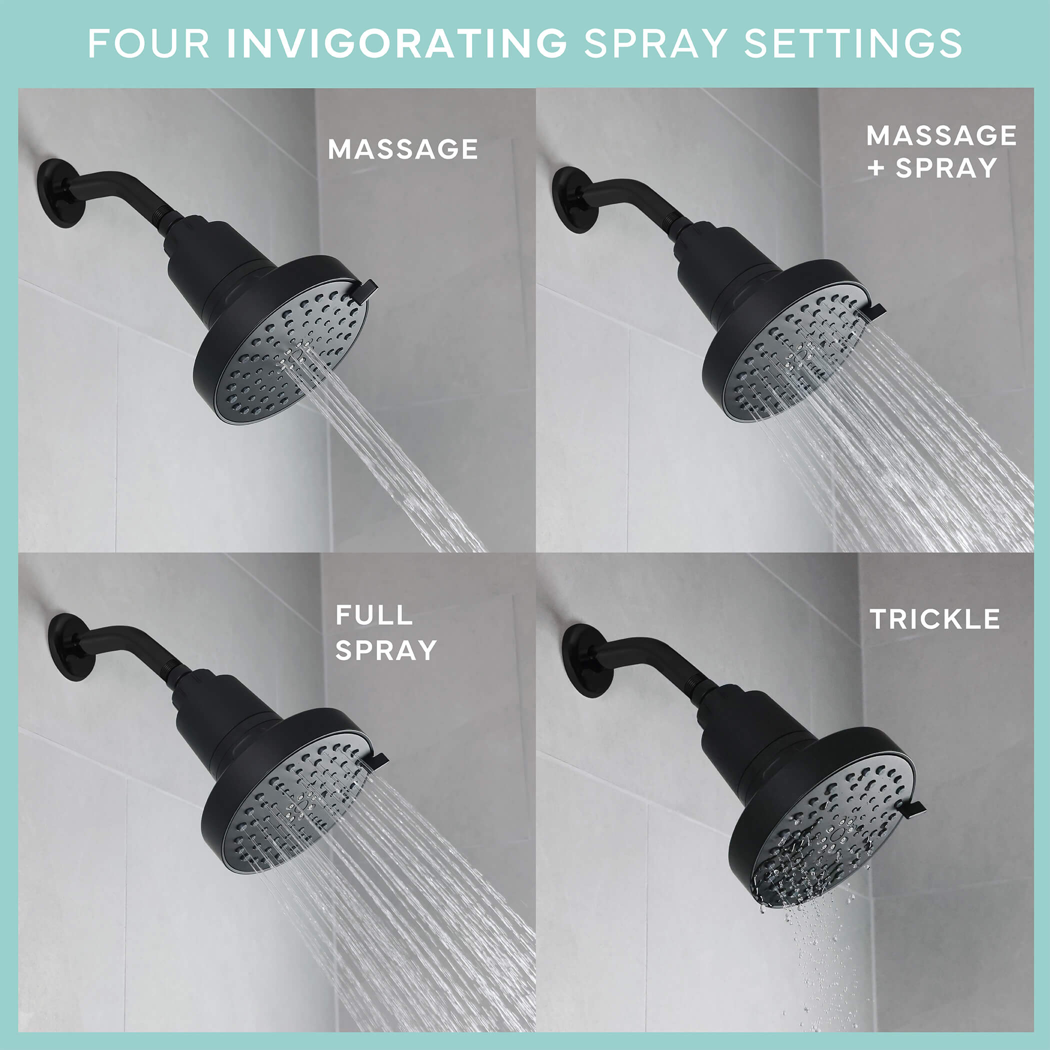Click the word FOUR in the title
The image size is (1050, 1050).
coord(148,43)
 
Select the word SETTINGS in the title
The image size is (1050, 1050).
coord(852,43)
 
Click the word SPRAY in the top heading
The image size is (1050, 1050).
coord(655,43)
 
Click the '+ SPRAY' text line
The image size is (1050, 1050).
coord(932,168)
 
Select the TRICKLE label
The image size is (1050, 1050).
coord(935,619)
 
